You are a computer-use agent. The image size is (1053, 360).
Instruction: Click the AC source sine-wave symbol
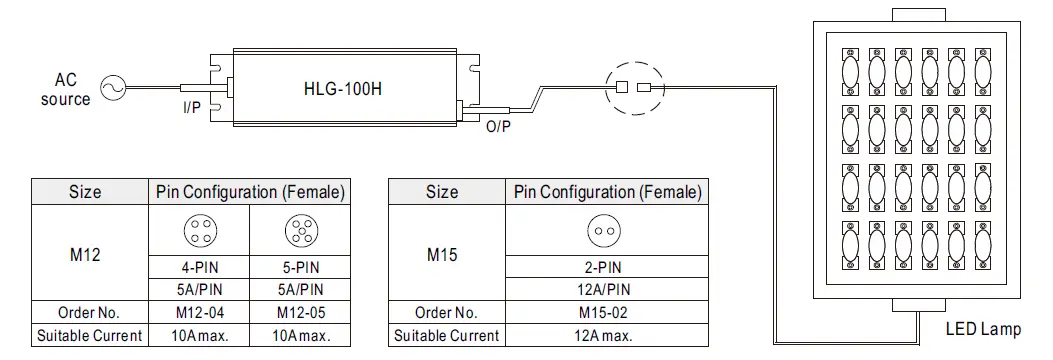[x=109, y=89]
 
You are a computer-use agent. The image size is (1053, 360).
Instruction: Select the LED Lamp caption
[x=983, y=329]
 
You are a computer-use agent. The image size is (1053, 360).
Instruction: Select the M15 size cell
[x=441, y=254]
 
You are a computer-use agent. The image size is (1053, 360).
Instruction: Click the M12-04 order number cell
[x=197, y=313]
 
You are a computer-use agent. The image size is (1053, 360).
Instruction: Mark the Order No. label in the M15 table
[x=441, y=313]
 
